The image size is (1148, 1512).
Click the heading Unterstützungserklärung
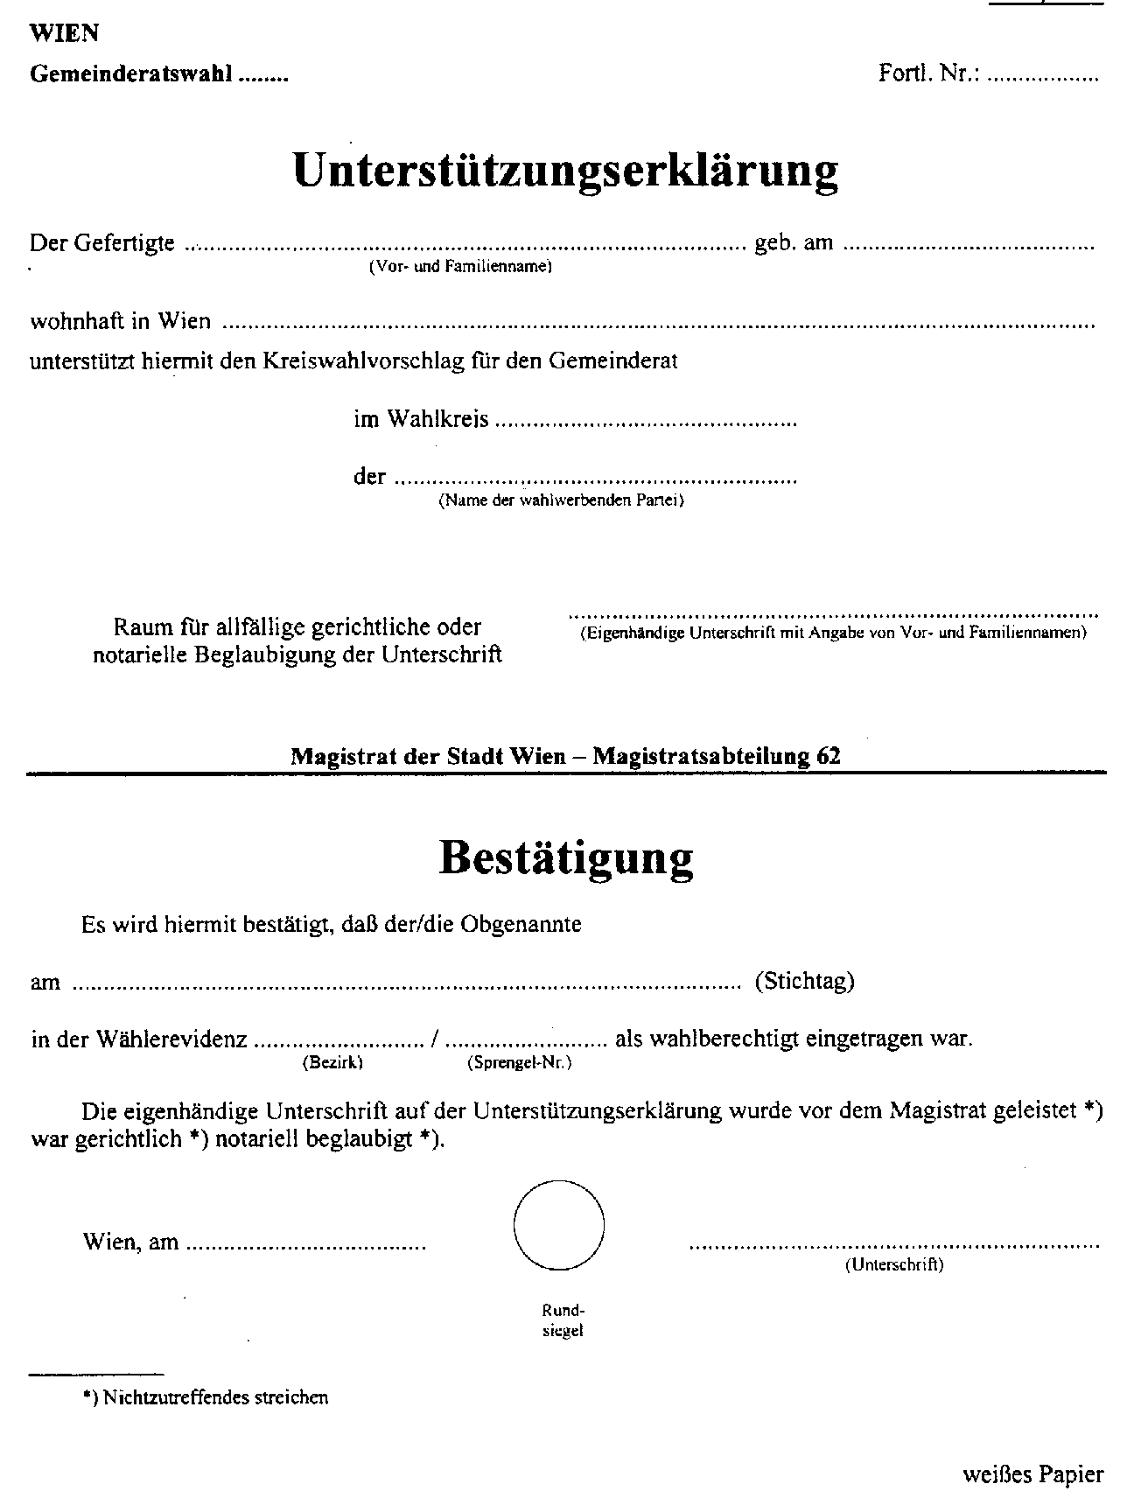click(565, 171)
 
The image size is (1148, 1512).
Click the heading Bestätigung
click(565, 859)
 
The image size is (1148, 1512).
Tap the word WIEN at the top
click(64, 33)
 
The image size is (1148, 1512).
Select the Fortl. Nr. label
click(930, 73)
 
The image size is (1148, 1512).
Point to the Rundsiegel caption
click(563, 1320)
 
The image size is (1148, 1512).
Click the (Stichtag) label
click(804, 981)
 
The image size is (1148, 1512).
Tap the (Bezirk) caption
click(332, 1063)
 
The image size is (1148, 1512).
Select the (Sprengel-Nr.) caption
click(520, 1063)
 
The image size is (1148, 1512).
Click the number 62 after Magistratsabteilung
click(828, 756)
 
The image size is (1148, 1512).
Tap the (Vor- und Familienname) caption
click(460, 267)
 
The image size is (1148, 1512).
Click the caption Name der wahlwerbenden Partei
click(561, 501)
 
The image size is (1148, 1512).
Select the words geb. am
click(794, 243)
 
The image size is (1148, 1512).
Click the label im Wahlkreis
click(421, 420)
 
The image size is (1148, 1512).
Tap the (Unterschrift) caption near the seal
click(893, 1264)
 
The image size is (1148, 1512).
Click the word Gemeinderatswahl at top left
click(131, 74)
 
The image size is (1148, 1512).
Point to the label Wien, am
click(130, 1242)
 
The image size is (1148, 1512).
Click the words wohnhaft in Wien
click(121, 321)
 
